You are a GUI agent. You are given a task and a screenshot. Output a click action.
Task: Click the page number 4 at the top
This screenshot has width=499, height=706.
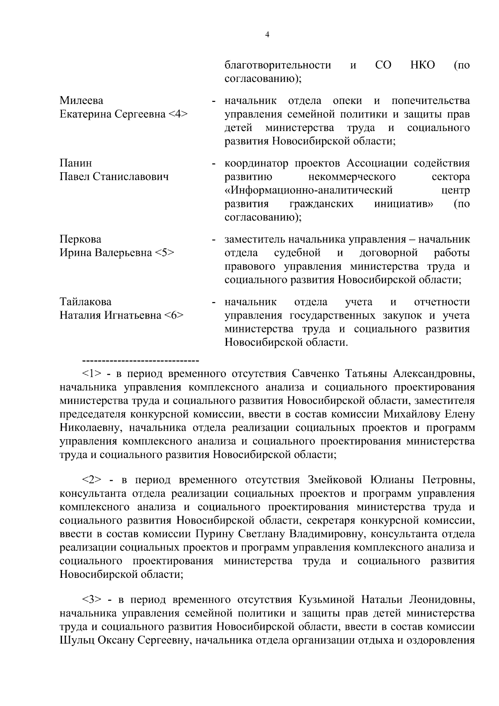[x=267, y=35]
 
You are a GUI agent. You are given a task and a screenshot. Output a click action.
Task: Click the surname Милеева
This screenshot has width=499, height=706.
[x=82, y=101]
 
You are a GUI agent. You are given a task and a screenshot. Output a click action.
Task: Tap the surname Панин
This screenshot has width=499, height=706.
[x=76, y=163]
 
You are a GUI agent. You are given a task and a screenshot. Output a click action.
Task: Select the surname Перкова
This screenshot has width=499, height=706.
[x=80, y=240]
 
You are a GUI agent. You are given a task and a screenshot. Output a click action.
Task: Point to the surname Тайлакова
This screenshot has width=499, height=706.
[x=86, y=302]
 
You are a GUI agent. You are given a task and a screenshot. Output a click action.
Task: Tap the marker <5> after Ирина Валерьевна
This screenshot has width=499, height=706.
[x=165, y=253]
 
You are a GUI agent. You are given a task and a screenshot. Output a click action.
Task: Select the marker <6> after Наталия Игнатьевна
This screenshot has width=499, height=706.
[x=173, y=316]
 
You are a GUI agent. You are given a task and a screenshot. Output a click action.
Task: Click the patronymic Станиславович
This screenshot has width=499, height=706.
[x=131, y=177]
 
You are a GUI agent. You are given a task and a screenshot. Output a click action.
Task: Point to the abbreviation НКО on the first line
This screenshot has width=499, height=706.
[x=422, y=65]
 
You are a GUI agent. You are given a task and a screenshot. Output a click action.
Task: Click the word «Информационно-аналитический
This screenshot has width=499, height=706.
[x=309, y=191]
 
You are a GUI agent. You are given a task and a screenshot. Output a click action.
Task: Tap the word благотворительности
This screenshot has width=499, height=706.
[x=278, y=65]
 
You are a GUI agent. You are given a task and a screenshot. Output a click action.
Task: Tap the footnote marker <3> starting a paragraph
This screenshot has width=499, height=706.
[x=91, y=600]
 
